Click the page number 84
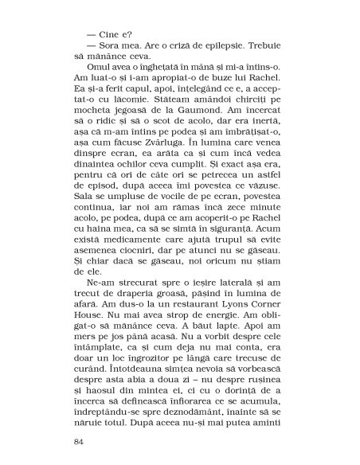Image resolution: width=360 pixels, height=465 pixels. click(x=78, y=441)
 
